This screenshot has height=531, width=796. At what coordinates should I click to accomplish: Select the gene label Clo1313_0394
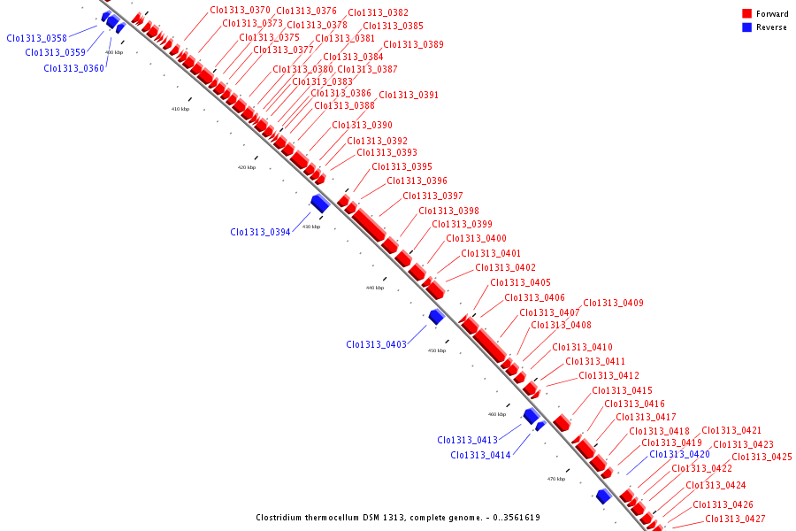260,233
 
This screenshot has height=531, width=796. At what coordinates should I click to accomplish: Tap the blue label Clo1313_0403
376,344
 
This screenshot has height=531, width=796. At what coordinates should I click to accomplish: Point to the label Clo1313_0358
36,38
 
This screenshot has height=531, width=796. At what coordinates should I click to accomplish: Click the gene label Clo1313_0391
409,96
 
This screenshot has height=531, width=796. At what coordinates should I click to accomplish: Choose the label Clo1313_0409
613,304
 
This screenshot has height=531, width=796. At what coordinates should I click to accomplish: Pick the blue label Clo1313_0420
679,455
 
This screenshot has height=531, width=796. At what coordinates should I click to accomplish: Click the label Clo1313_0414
480,456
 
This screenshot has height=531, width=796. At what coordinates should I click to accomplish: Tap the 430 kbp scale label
311,227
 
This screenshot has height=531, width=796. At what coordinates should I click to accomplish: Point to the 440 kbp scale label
375,288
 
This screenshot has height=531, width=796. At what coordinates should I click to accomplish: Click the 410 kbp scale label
180,109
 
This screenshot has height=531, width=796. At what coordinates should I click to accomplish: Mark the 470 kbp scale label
556,479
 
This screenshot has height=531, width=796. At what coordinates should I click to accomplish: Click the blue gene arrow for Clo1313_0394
319,204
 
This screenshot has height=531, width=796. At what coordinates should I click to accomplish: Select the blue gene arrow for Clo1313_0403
436,317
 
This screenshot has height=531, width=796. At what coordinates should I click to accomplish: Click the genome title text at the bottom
398,518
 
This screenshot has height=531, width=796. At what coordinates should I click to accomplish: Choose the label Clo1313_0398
448,212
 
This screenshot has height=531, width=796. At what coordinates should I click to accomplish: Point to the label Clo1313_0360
73,69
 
